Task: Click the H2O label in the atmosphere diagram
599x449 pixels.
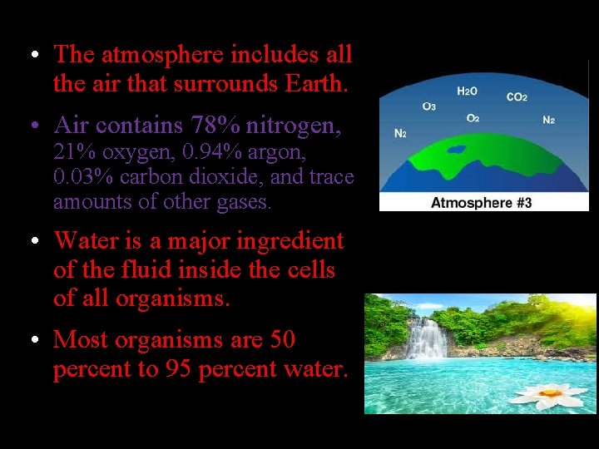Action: click(467, 91)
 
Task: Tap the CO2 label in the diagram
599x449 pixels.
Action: click(517, 97)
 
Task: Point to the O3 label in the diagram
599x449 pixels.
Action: click(429, 106)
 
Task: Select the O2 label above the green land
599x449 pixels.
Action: click(472, 119)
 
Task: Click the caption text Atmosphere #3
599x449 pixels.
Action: click(481, 202)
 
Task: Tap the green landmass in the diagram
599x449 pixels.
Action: click(483, 154)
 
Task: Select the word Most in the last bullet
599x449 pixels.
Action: click(78, 340)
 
